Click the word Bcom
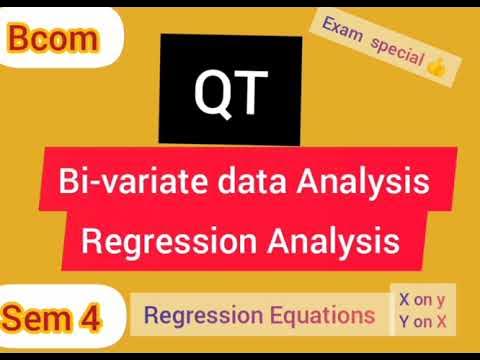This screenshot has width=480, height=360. click(55, 41)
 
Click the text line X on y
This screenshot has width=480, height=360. click(423, 300)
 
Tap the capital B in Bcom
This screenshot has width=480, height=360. click(21, 41)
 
